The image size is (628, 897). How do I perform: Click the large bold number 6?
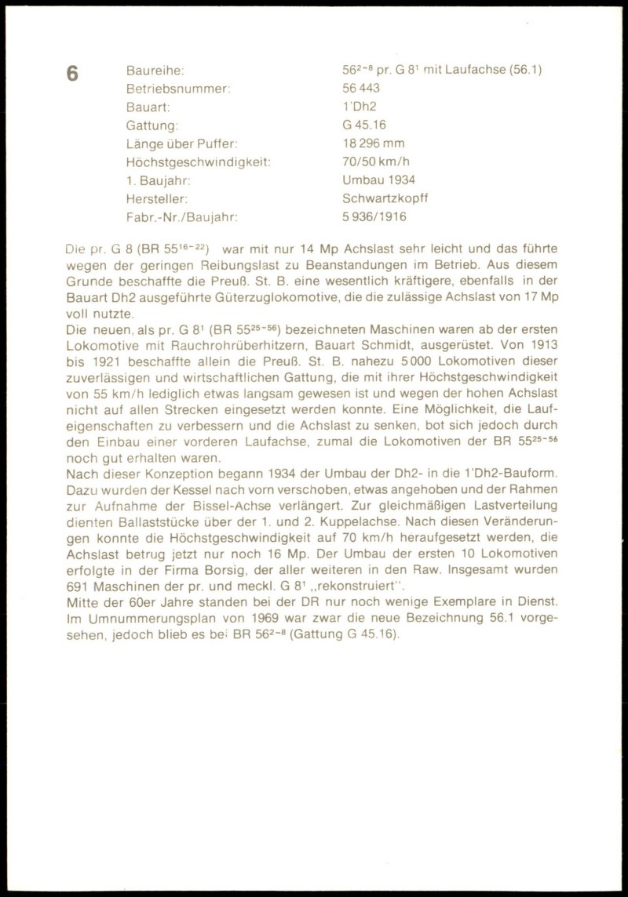point(72,74)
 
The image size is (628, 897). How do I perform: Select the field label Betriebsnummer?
point(177,88)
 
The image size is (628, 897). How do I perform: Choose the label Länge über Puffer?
point(181,143)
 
